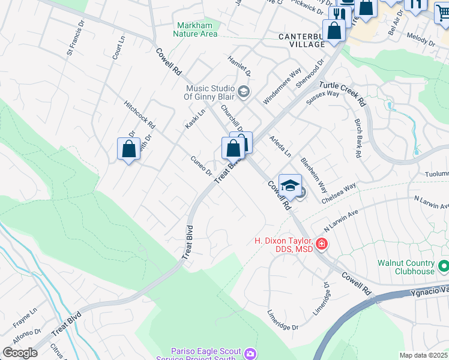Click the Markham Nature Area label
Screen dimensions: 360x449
(x=195, y=29)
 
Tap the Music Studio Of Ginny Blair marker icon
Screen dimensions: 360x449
(x=244, y=92)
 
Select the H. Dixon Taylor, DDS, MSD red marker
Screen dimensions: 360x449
(x=322, y=244)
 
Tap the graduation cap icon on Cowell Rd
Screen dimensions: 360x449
(x=290, y=185)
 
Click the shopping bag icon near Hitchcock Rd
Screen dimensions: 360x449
(x=129, y=148)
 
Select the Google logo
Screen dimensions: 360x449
(x=20, y=353)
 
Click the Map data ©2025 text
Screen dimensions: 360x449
(x=423, y=355)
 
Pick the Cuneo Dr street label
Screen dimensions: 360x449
(x=202, y=166)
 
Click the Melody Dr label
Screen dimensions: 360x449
(x=420, y=40)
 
